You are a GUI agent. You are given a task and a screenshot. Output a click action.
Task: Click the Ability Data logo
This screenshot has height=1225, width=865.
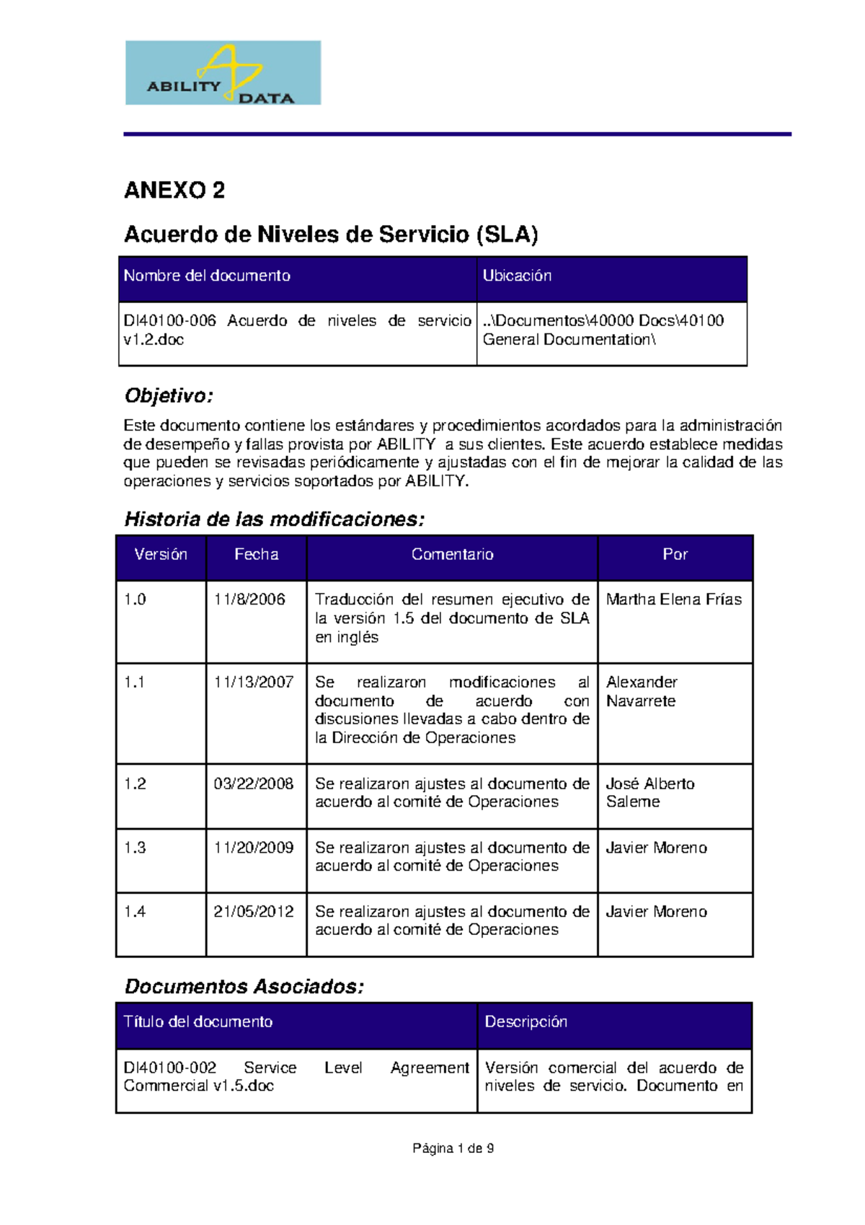[x=223, y=73]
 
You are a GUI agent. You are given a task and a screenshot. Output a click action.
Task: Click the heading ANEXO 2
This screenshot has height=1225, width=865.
[x=174, y=190]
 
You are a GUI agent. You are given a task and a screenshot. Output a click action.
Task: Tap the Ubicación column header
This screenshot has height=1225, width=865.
[x=517, y=276]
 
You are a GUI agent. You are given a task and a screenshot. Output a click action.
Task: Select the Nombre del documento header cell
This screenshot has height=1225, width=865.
[x=207, y=276]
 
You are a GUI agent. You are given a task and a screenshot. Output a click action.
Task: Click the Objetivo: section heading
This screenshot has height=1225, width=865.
[x=169, y=395]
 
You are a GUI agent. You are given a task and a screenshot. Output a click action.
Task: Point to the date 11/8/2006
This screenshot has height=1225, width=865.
[x=249, y=600]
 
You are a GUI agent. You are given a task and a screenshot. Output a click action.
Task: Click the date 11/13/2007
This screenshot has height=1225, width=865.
[x=254, y=682]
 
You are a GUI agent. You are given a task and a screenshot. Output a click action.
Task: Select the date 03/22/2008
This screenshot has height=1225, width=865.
[x=254, y=784]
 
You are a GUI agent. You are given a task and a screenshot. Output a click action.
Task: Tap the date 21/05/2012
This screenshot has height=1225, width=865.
[x=254, y=912]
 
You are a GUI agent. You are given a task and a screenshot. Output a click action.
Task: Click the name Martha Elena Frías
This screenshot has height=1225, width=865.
[x=673, y=600]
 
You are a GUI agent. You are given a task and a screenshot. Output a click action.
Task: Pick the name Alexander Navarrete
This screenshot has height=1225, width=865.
[x=642, y=692]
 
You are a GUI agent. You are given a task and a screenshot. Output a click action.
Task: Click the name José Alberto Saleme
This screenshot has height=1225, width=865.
[x=649, y=793]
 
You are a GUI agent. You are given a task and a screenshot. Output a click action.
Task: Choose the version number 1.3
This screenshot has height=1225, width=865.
[x=135, y=848]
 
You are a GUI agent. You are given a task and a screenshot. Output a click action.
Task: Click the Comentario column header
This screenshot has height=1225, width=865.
[x=452, y=555]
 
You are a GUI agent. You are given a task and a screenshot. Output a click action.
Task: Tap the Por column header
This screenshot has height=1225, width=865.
[x=675, y=555]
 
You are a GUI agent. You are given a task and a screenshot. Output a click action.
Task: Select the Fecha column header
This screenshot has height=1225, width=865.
[x=256, y=555]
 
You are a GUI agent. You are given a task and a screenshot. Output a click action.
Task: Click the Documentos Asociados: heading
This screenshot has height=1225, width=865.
[x=244, y=987]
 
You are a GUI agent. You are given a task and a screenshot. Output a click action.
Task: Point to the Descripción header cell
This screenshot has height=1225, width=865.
[x=525, y=1022]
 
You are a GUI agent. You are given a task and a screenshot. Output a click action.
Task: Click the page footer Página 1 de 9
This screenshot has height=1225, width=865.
[x=453, y=1149]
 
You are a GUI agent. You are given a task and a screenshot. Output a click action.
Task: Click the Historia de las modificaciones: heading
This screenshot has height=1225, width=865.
[x=274, y=519]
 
